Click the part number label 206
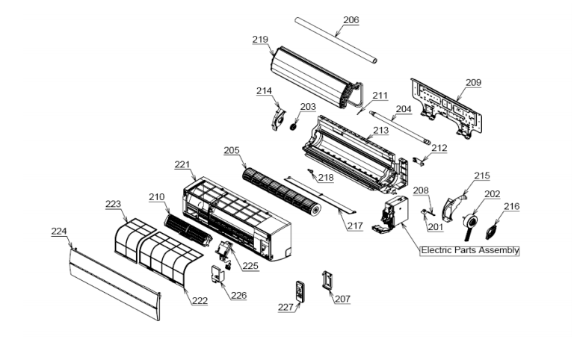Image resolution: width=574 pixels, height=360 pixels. pyautogui.click(x=351, y=20)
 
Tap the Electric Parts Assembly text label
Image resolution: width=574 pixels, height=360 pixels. pyautogui.click(x=470, y=250)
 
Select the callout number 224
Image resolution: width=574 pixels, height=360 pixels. pyautogui.click(x=59, y=232)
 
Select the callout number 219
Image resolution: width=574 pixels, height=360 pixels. pyautogui.click(x=260, y=40)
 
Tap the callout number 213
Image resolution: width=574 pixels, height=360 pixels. pyautogui.click(x=381, y=130)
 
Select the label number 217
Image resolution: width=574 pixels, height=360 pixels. pyautogui.click(x=354, y=225)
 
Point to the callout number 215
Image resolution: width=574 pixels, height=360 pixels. pyautogui.click(x=482, y=176)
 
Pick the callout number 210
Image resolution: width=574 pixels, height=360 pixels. pyautogui.click(x=156, y=197)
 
